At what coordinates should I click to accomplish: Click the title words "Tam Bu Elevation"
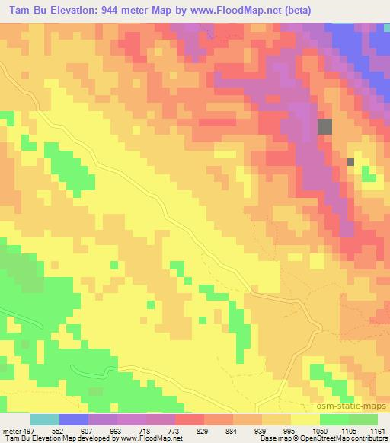tap(54, 9)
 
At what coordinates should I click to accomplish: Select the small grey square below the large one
tap(350, 161)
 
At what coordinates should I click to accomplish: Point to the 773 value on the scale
tap(174, 430)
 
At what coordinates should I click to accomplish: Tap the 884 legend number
tap(232, 430)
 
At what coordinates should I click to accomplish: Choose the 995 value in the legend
tap(289, 430)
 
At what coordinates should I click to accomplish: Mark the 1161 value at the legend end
tap(379, 430)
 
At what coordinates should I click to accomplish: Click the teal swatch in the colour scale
tap(45, 419)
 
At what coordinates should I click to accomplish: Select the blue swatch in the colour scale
tap(74, 419)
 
